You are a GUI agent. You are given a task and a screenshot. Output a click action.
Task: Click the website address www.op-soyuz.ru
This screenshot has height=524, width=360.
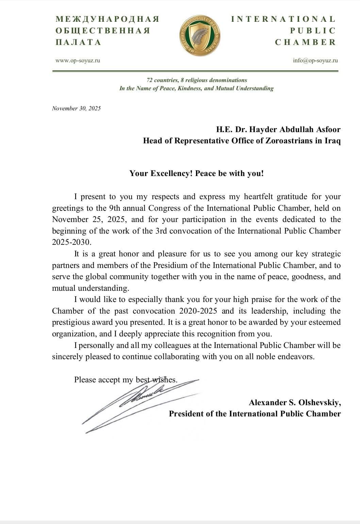click(x=78, y=61)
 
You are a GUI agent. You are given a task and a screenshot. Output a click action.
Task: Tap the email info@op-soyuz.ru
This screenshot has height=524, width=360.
click(x=315, y=61)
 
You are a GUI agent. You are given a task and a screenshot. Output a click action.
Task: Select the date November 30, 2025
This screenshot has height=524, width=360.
click(x=76, y=108)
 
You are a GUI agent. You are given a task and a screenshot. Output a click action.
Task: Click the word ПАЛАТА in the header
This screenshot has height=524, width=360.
click(x=78, y=42)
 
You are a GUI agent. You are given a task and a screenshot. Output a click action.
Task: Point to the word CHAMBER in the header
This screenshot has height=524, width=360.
click(x=305, y=42)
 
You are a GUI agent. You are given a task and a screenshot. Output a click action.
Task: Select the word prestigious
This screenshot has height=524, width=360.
click(x=72, y=322)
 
